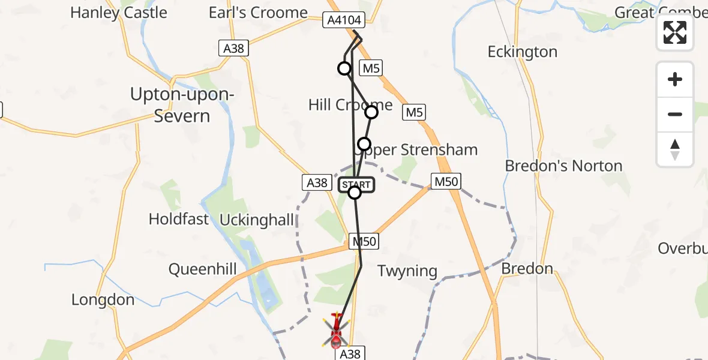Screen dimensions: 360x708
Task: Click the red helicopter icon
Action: pyautogui.click(x=335, y=331)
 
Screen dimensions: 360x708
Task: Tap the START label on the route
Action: pyautogui.click(x=356, y=184)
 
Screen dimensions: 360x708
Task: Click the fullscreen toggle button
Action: pyautogui.click(x=675, y=32)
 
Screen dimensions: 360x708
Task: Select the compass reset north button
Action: pyautogui.click(x=675, y=149)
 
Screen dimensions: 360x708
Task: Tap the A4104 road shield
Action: pyautogui.click(x=344, y=20)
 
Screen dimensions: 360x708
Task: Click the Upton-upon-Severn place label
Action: pyautogui.click(x=182, y=105)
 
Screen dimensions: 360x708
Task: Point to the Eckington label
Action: pyautogui.click(x=523, y=52)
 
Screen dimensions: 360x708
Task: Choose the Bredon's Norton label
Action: pyautogui.click(x=563, y=166)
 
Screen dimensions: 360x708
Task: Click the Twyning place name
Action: pyautogui.click(x=407, y=271)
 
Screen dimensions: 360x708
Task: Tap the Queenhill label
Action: pyautogui.click(x=202, y=269)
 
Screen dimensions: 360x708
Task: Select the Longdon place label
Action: pyautogui.click(x=103, y=299)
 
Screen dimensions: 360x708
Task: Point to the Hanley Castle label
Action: pyautogui.click(x=118, y=13)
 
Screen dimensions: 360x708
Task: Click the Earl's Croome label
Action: pyautogui.click(x=258, y=13)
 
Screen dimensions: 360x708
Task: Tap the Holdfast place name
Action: pyautogui.click(x=179, y=219)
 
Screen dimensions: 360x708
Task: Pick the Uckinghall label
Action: pyautogui.click(x=257, y=220)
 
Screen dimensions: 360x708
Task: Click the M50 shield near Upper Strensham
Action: pyautogui.click(x=446, y=181)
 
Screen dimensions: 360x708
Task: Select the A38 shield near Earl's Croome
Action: pyautogui.click(x=233, y=49)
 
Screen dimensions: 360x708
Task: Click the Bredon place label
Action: pyautogui.click(x=527, y=268)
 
